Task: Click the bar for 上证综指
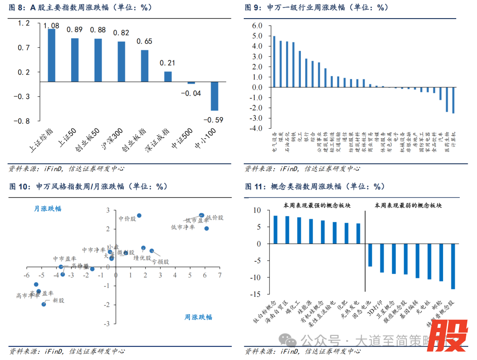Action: pos(51,55)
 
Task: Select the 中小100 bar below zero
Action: pos(215,96)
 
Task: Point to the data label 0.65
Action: pos(145,42)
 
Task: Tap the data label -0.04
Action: pos(192,93)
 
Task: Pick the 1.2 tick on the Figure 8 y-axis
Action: pos(24,23)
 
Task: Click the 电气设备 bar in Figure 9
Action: pos(274,61)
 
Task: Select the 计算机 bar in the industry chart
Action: pos(453,100)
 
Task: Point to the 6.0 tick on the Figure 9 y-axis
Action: pos(257,26)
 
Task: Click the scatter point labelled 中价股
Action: pos(139,216)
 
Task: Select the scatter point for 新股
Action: pos(44,304)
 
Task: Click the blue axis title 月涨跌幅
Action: pos(48,208)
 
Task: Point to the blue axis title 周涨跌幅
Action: pos(198,317)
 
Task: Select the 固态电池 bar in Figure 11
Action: pos(370,255)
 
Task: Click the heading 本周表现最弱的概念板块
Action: pos(408,205)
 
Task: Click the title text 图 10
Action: pos(20,187)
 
